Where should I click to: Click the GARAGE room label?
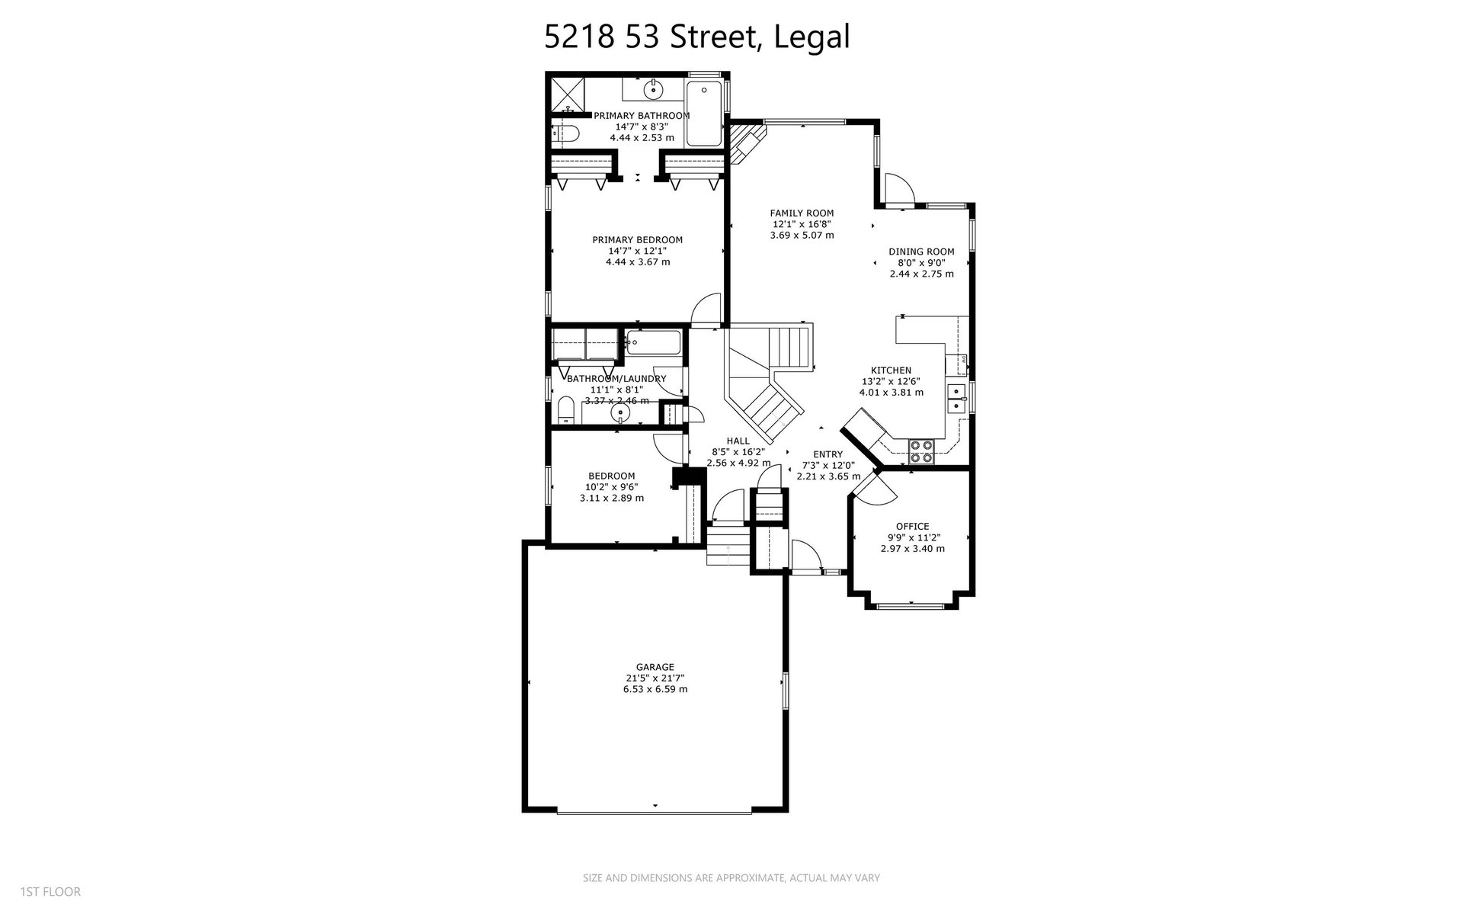pyautogui.click(x=655, y=667)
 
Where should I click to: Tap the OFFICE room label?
pyautogui.click(x=912, y=526)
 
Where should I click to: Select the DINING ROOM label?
pyautogui.click(x=921, y=252)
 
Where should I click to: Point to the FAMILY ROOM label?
pyautogui.click(x=802, y=213)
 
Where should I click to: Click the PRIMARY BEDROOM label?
pyautogui.click(x=638, y=240)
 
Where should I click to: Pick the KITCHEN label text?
pyautogui.click(x=891, y=370)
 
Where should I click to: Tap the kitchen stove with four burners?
pyautogui.click(x=921, y=451)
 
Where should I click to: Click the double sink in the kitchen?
pyautogui.click(x=956, y=399)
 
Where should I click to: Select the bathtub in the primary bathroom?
pyautogui.click(x=703, y=114)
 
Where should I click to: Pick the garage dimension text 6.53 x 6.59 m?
pyautogui.click(x=655, y=689)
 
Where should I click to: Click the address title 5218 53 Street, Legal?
pyautogui.click(x=697, y=36)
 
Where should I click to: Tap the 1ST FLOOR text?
pyautogui.click(x=50, y=892)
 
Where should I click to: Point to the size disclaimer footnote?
pyautogui.click(x=731, y=878)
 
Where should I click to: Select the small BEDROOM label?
pyautogui.click(x=611, y=476)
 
